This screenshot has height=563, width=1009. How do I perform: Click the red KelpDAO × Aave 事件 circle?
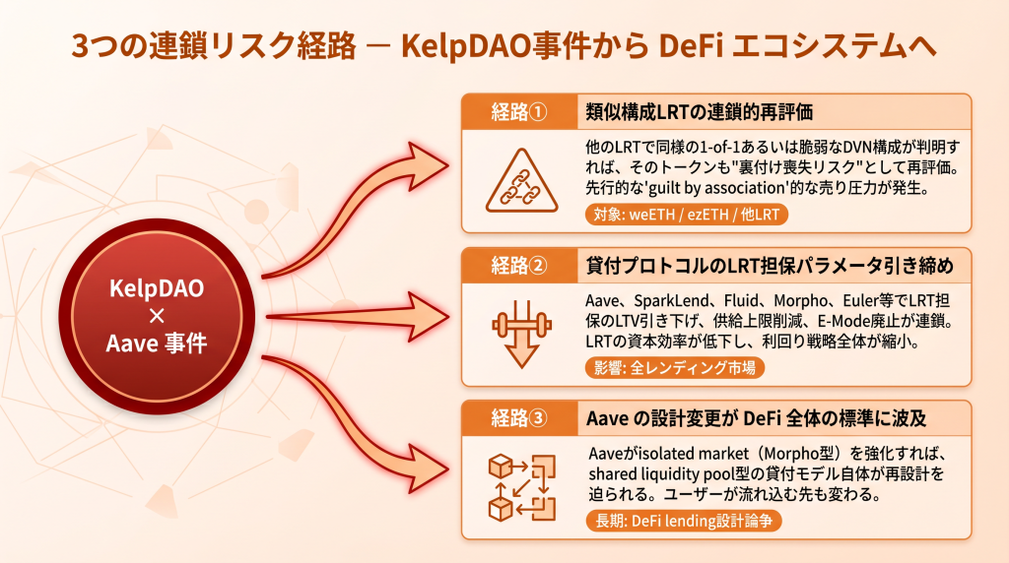pos(164,316)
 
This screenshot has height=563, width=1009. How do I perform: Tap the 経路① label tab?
pos(517,110)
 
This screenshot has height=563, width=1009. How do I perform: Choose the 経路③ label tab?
pos(517,418)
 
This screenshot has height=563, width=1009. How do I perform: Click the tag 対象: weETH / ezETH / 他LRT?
pos(686,214)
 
